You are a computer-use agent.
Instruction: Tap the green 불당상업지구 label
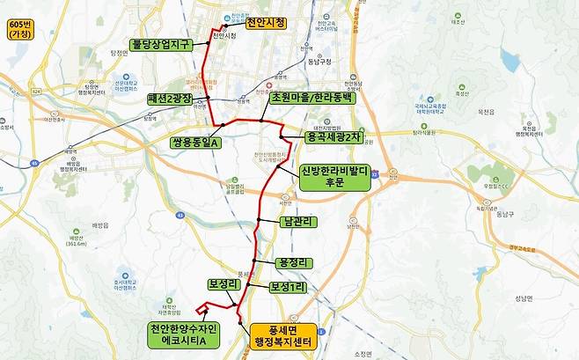[x=161, y=43]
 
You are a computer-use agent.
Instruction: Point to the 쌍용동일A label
[x=195, y=141]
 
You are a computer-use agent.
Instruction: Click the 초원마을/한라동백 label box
[x=311, y=98]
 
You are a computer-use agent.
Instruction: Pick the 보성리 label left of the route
[x=224, y=284]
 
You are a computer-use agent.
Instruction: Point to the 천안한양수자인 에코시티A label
[x=185, y=334]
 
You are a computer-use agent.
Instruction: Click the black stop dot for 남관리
[x=258, y=220]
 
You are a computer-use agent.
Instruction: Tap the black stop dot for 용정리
[x=253, y=261]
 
